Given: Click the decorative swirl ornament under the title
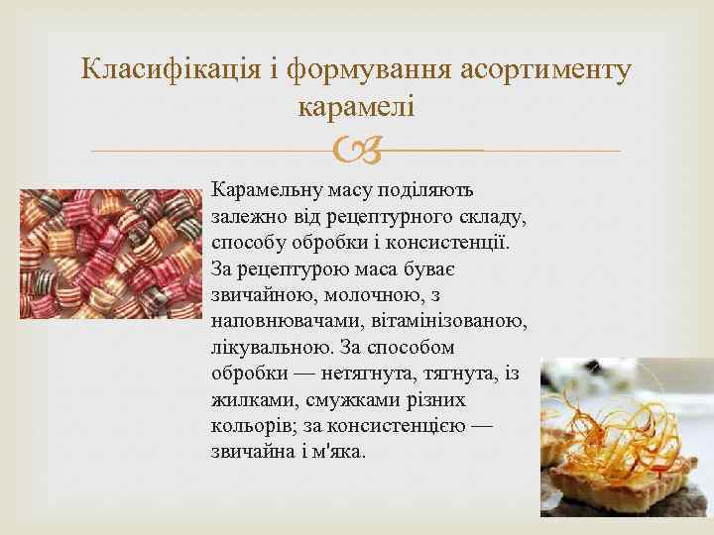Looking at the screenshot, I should [355, 152].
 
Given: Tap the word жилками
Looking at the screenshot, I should [245, 401].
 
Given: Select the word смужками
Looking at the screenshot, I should [335, 401].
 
